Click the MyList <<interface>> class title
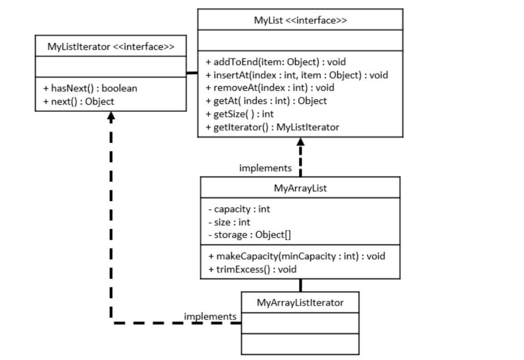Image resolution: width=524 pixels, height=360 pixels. (x=300, y=20)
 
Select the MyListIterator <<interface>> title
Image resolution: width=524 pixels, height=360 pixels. (x=111, y=47)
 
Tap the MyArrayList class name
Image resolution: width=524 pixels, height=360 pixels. (x=300, y=188)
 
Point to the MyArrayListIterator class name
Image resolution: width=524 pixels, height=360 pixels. (x=300, y=303)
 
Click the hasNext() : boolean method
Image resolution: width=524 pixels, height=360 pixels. (x=90, y=88)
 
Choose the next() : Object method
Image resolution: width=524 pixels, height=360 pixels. (x=79, y=101)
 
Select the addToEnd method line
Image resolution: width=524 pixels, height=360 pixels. (x=276, y=62)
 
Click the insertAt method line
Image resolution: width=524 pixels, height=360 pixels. (x=297, y=75)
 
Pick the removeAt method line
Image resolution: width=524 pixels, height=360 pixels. (x=270, y=88)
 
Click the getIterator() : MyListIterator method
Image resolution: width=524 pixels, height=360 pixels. (x=272, y=127)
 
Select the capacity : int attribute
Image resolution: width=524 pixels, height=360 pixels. (x=239, y=209)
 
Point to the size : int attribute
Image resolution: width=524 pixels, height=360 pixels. (x=229, y=222)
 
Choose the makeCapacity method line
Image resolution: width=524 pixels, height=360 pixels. (x=296, y=256)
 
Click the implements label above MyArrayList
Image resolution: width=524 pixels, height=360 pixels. (x=265, y=168)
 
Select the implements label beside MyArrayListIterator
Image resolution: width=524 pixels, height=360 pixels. (x=210, y=317)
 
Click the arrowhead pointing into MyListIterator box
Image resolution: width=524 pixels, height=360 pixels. (x=111, y=116)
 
